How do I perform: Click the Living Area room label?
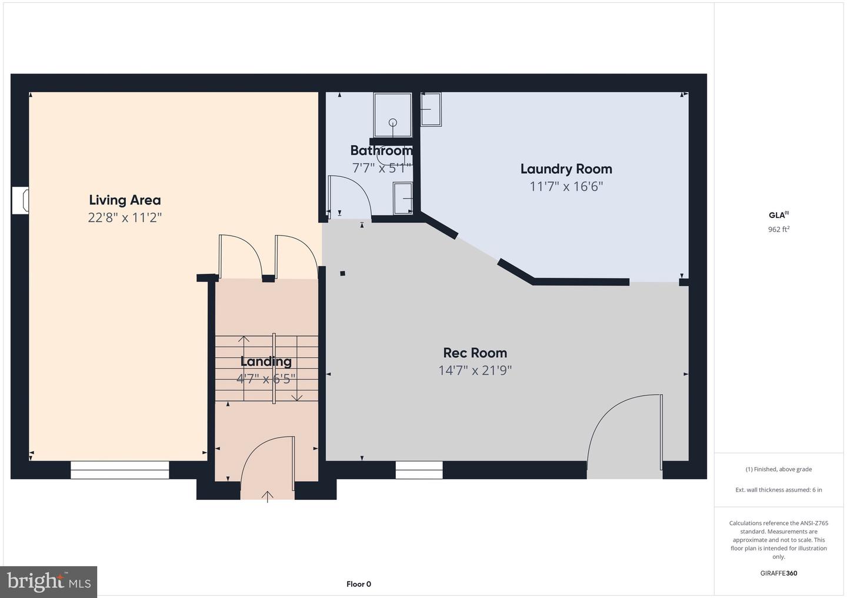pos(125,200)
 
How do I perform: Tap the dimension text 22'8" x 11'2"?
pos(125,217)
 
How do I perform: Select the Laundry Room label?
pos(566,169)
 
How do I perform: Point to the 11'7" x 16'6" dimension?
pos(566,187)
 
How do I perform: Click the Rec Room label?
pos(475,352)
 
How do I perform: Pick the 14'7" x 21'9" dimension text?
pos(475,371)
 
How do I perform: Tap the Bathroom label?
pos(381,150)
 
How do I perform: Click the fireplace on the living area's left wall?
pos(20,200)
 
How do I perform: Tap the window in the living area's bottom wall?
pos(120,470)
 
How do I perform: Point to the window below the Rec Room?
pos(419,470)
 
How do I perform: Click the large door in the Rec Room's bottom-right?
pos(625,435)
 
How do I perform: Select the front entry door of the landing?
pos(268,464)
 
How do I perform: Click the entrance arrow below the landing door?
pos(268,497)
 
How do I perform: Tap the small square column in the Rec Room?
pos(342,273)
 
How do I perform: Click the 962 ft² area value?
pos(778,230)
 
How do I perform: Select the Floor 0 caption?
pos(358,584)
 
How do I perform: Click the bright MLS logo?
pos(49,582)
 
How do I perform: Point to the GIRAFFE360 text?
pos(778,573)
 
